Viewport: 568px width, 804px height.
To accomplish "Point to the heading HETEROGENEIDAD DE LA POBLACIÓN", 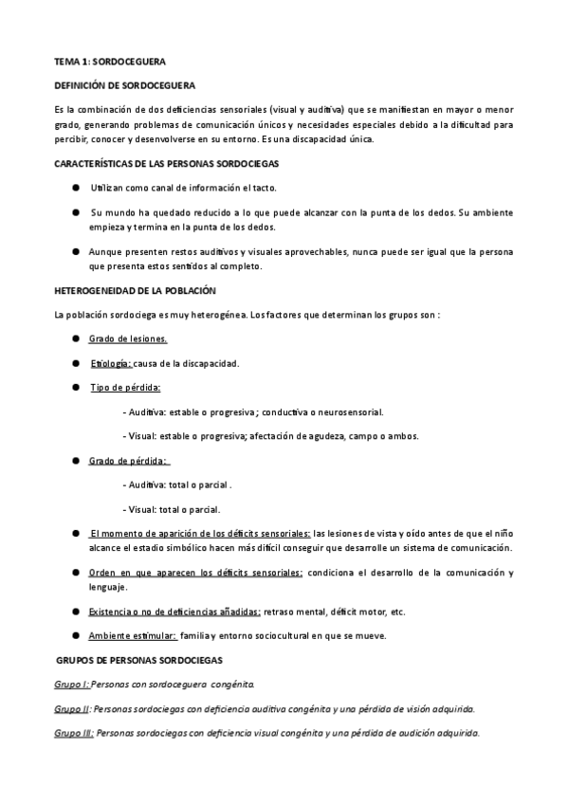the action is point(136,290).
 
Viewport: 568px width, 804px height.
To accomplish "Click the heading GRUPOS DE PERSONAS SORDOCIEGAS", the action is point(138,659).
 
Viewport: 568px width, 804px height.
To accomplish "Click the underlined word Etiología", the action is point(111,363).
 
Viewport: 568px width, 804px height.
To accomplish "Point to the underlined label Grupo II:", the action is point(73,708).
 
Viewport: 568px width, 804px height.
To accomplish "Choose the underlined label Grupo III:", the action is point(74,733).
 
